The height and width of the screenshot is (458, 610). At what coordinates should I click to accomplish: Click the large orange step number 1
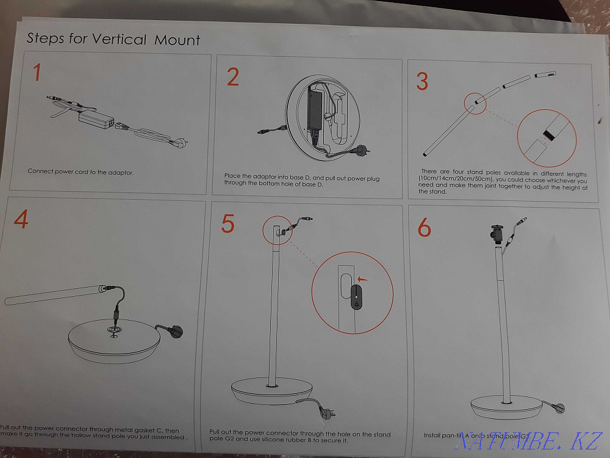tap(37, 73)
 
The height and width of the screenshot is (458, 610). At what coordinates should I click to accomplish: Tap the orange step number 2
tap(232, 78)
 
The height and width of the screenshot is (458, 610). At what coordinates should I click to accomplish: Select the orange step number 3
tap(422, 81)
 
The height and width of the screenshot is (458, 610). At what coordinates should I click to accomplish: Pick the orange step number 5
tap(228, 224)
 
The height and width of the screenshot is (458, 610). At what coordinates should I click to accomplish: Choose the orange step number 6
tap(424, 228)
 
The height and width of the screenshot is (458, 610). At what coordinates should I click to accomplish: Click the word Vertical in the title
tap(119, 40)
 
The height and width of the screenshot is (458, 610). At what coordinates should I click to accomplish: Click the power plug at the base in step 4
tap(175, 332)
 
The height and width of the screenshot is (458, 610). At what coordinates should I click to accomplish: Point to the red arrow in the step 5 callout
tap(364, 279)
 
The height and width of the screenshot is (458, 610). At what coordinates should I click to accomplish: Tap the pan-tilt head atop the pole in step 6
tap(495, 233)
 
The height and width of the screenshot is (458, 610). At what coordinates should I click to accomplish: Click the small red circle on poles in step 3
tap(474, 104)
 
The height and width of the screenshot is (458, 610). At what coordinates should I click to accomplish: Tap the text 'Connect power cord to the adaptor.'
tap(81, 172)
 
